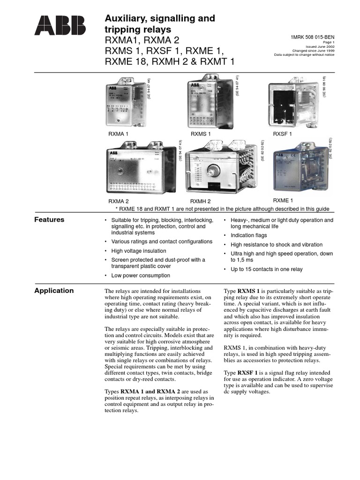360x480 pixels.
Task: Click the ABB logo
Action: click(x=60, y=26)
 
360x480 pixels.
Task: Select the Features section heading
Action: click(x=50, y=220)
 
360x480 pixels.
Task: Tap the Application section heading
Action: click(x=54, y=291)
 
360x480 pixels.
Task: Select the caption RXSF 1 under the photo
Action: click(x=283, y=134)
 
